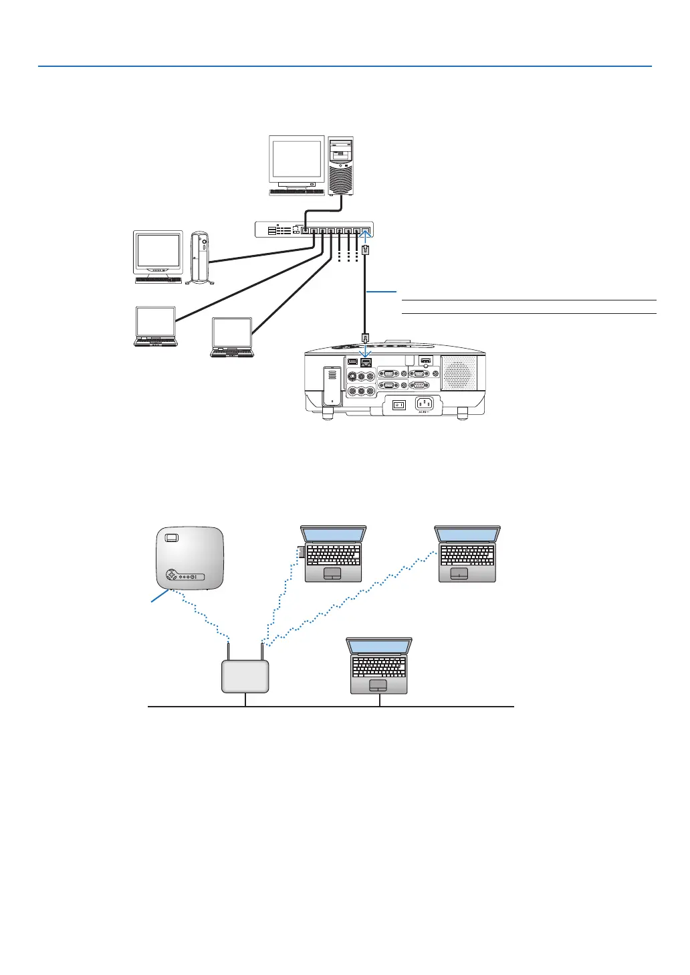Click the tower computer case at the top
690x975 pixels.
340,165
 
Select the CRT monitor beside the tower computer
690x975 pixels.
296,165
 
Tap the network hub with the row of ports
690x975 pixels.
314,229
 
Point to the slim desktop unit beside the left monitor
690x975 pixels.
200,257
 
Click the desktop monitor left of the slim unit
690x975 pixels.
158,256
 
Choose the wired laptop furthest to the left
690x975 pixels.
156,327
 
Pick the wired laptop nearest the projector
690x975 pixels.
232,337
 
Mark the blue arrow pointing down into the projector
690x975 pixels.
366,352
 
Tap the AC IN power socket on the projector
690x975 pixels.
424,404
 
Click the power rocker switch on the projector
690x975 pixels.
399,404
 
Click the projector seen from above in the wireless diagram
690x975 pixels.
189,558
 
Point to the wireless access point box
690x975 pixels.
245,676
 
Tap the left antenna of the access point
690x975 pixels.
229,650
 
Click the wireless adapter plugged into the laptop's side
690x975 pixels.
302,551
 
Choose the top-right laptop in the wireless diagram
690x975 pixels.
467,554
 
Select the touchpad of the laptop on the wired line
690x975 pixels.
378,686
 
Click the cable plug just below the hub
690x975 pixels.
364,250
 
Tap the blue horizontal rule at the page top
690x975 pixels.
345,66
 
